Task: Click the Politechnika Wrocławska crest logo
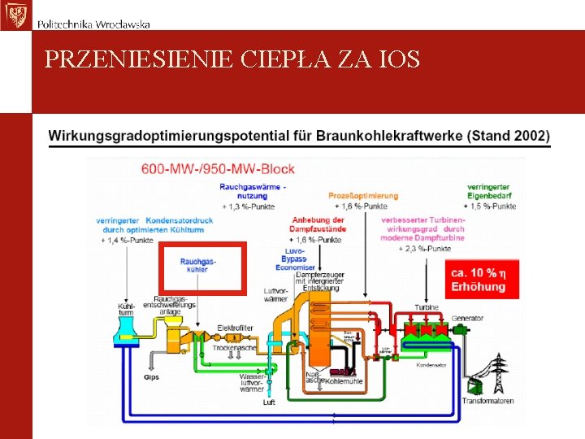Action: [15, 15]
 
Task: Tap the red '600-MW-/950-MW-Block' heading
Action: [219, 169]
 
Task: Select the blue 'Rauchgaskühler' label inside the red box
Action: [198, 265]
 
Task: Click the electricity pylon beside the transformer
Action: [496, 374]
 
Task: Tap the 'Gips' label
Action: [151, 377]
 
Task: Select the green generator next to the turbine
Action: [460, 331]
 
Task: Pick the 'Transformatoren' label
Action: [488, 401]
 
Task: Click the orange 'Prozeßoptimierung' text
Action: [363, 196]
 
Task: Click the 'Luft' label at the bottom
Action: [269, 402]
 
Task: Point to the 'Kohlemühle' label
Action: [341, 380]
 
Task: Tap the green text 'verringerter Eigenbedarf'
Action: [488, 191]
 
